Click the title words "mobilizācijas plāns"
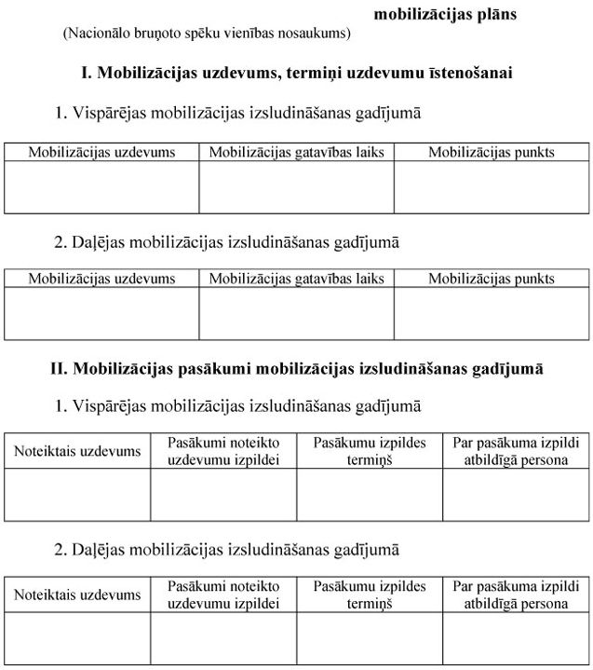point(445,14)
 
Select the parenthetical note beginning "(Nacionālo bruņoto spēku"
point(207,34)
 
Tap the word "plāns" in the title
point(497,14)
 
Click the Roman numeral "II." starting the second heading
point(59,369)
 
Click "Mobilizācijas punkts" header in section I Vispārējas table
point(491,152)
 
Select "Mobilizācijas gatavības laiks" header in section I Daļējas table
point(296,278)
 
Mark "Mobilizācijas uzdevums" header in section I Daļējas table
point(101,278)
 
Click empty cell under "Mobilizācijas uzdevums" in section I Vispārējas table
point(101,187)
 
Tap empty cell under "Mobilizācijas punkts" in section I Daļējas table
point(491,313)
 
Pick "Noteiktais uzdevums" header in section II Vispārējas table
point(77,451)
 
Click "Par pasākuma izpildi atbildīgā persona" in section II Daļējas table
point(516,595)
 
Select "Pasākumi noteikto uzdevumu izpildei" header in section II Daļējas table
point(223,595)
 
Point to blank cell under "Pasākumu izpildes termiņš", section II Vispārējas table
point(370,494)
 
